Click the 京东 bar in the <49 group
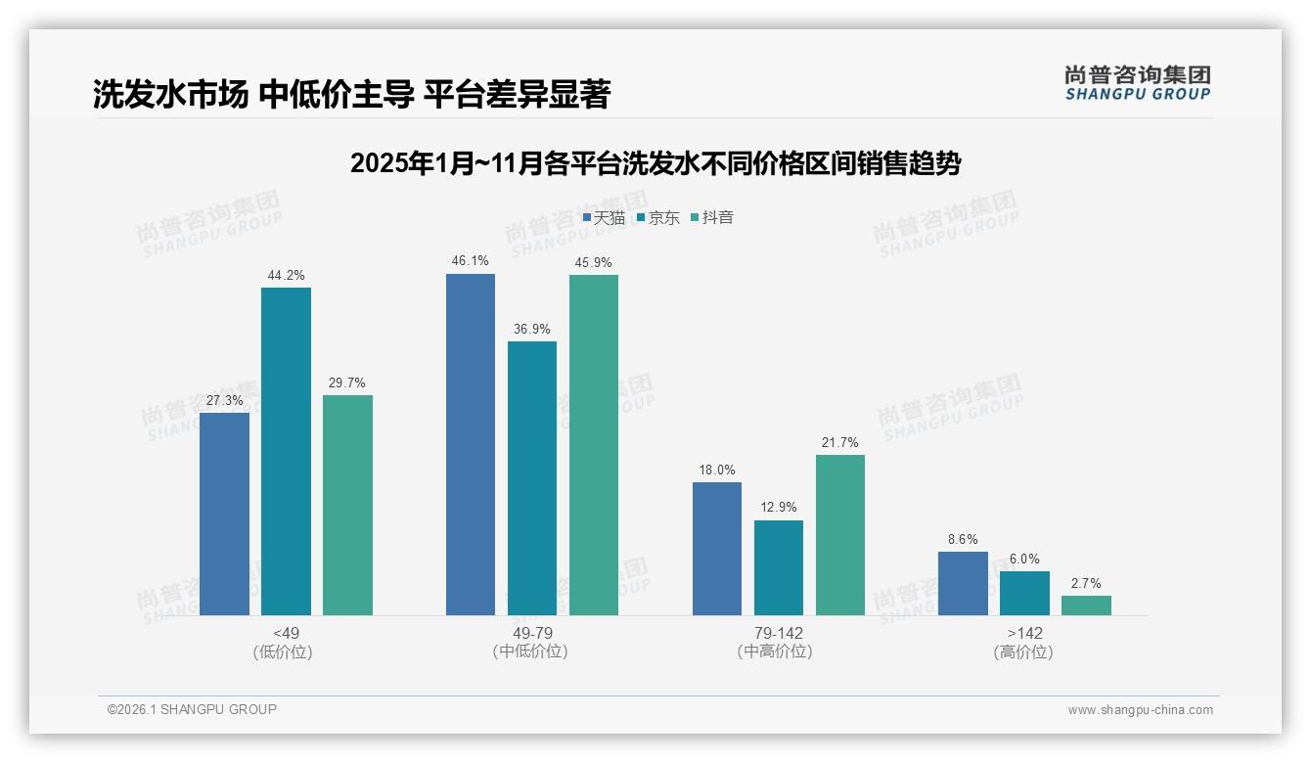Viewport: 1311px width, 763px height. pos(286,451)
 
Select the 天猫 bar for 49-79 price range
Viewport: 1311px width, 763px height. pos(471,444)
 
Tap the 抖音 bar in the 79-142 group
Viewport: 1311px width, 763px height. pos(839,535)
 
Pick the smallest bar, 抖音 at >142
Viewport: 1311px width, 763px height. pos(1086,606)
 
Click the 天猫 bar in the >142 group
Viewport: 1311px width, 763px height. pos(963,583)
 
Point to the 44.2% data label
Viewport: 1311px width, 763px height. pos(286,276)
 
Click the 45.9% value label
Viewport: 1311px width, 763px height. pos(594,262)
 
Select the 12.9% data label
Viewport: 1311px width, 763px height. pos(778,508)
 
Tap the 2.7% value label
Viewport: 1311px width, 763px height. pos(1086,583)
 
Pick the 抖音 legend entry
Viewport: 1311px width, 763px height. pos(712,218)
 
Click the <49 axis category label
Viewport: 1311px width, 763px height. pos(286,633)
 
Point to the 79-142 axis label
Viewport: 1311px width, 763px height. pos(778,633)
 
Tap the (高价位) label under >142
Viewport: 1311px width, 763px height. pos(1023,652)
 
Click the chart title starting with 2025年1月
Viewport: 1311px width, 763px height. pos(655,163)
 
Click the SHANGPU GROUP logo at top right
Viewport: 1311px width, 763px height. pos(1137,83)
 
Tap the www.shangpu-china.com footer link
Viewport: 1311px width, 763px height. pos(1140,710)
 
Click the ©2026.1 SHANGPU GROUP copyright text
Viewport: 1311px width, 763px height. pos(192,709)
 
